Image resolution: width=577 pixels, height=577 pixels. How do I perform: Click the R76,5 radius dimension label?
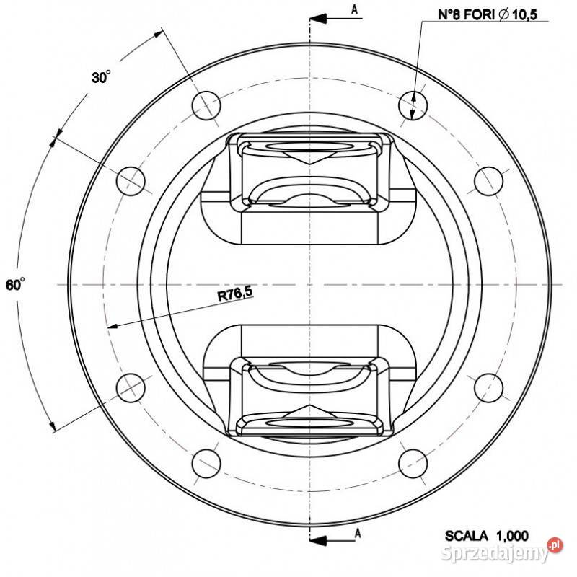pyautogui.click(x=235, y=294)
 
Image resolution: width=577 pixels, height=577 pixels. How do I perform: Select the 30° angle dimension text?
pyautogui.click(x=101, y=77)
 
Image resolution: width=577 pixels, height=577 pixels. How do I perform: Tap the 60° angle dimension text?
pyautogui.click(x=15, y=284)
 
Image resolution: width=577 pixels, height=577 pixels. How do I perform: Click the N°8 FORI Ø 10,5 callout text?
pyautogui.click(x=488, y=14)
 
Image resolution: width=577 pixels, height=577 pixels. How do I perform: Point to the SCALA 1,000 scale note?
pyautogui.click(x=486, y=536)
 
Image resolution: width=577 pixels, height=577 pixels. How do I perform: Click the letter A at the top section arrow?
pyautogui.click(x=354, y=9)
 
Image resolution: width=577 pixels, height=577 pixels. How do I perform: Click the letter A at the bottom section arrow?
pyautogui.click(x=357, y=533)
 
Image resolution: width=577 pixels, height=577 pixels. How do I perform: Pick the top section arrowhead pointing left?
pyautogui.click(x=318, y=19)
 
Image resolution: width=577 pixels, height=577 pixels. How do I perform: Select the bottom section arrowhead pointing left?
pyautogui.click(x=318, y=540)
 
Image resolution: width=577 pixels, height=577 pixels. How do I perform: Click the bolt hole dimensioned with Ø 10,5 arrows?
pyautogui.click(x=413, y=105)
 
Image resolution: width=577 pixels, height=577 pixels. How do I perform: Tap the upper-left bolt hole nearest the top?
pyautogui.click(x=206, y=105)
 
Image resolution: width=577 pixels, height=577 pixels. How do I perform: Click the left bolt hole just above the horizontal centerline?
pyautogui.click(x=131, y=181)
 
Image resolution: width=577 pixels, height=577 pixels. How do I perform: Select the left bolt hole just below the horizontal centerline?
pyautogui.click(x=131, y=388)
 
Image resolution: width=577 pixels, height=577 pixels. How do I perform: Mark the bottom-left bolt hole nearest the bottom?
pyautogui.click(x=206, y=464)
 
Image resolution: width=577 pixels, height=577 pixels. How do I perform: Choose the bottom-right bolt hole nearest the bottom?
pyautogui.click(x=413, y=464)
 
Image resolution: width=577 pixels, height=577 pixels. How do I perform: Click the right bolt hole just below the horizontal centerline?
pyautogui.click(x=489, y=388)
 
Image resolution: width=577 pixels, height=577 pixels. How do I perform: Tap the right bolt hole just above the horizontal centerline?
pyautogui.click(x=489, y=181)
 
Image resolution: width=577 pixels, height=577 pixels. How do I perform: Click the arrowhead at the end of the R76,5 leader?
pyautogui.click(x=112, y=326)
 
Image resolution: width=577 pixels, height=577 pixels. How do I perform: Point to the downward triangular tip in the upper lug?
pyautogui.click(x=310, y=164)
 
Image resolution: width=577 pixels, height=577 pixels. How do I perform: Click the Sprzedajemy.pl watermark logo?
pyautogui.click(x=501, y=551)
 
